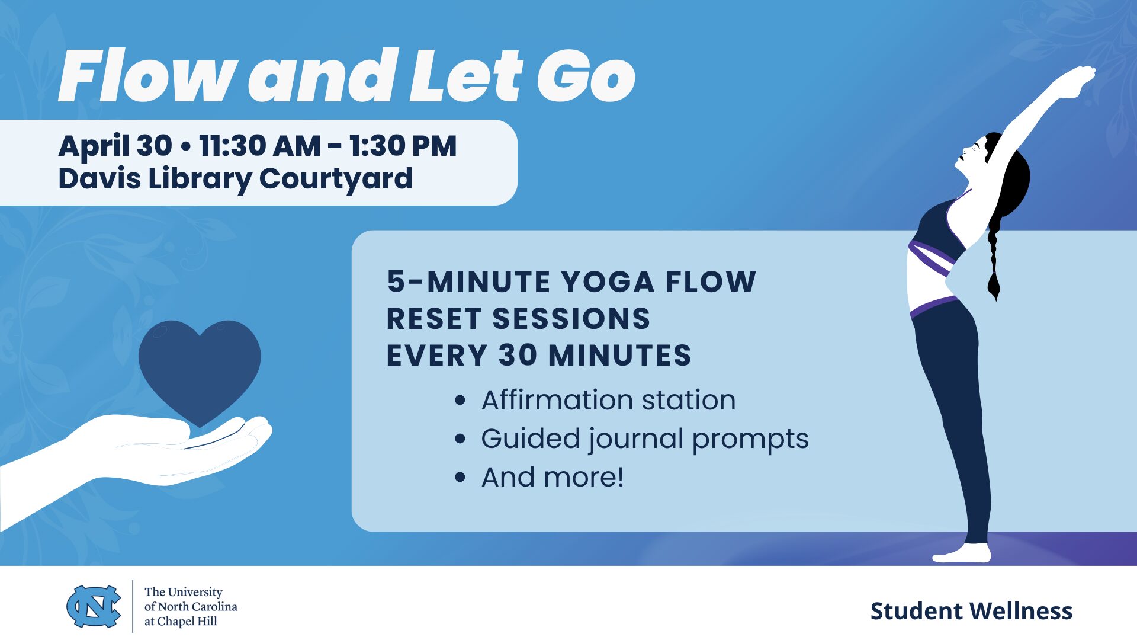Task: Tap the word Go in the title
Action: (586, 76)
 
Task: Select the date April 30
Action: (115, 146)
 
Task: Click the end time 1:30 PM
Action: (403, 146)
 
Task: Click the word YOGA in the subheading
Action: (608, 281)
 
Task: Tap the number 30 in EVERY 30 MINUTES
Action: (518, 355)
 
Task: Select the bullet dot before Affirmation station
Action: (460, 401)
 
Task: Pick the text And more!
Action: (553, 477)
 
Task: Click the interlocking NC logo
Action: (94, 606)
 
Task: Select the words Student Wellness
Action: (971, 611)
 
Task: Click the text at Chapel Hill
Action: (181, 621)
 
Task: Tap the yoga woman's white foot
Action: (963, 553)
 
